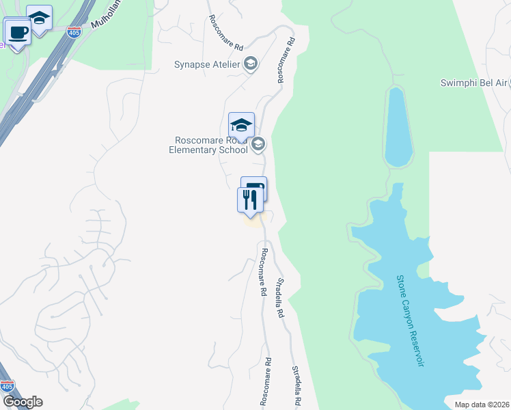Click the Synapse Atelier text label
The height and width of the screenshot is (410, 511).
pos(207,64)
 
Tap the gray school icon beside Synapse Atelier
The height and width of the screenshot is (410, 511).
pos(251,64)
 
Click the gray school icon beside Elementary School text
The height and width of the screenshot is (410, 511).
pos(258,143)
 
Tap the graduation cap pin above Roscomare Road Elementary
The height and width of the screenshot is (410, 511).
pos(241,125)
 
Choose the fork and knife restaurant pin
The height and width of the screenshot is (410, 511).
pos(249,200)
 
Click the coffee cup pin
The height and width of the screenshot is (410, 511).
pos(17,31)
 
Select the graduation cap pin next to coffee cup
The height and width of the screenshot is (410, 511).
pos(40,19)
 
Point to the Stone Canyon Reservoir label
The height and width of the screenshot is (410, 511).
pos(410,320)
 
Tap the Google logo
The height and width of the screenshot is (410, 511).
pos(23,402)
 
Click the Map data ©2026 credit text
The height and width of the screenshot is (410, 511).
pos(482,405)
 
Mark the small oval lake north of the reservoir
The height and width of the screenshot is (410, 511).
pos(397,126)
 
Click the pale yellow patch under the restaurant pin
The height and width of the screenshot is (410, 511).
pos(252,221)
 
